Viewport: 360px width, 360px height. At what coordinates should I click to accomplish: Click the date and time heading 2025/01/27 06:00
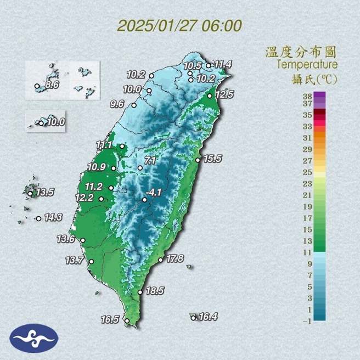click(179, 25)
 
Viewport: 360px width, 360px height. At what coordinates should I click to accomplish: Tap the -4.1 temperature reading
click(154, 193)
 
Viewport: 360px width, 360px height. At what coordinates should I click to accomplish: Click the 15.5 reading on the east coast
click(212, 159)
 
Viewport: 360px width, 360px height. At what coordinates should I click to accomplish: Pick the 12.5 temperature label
click(224, 94)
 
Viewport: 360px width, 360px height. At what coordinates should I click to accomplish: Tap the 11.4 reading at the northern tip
click(223, 65)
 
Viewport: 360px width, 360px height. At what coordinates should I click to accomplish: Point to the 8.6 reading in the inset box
click(52, 85)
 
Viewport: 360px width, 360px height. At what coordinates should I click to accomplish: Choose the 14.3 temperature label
click(53, 217)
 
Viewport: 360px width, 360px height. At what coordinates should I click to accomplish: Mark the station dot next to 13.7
click(91, 262)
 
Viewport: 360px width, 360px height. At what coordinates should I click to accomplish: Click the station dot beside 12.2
click(102, 199)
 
